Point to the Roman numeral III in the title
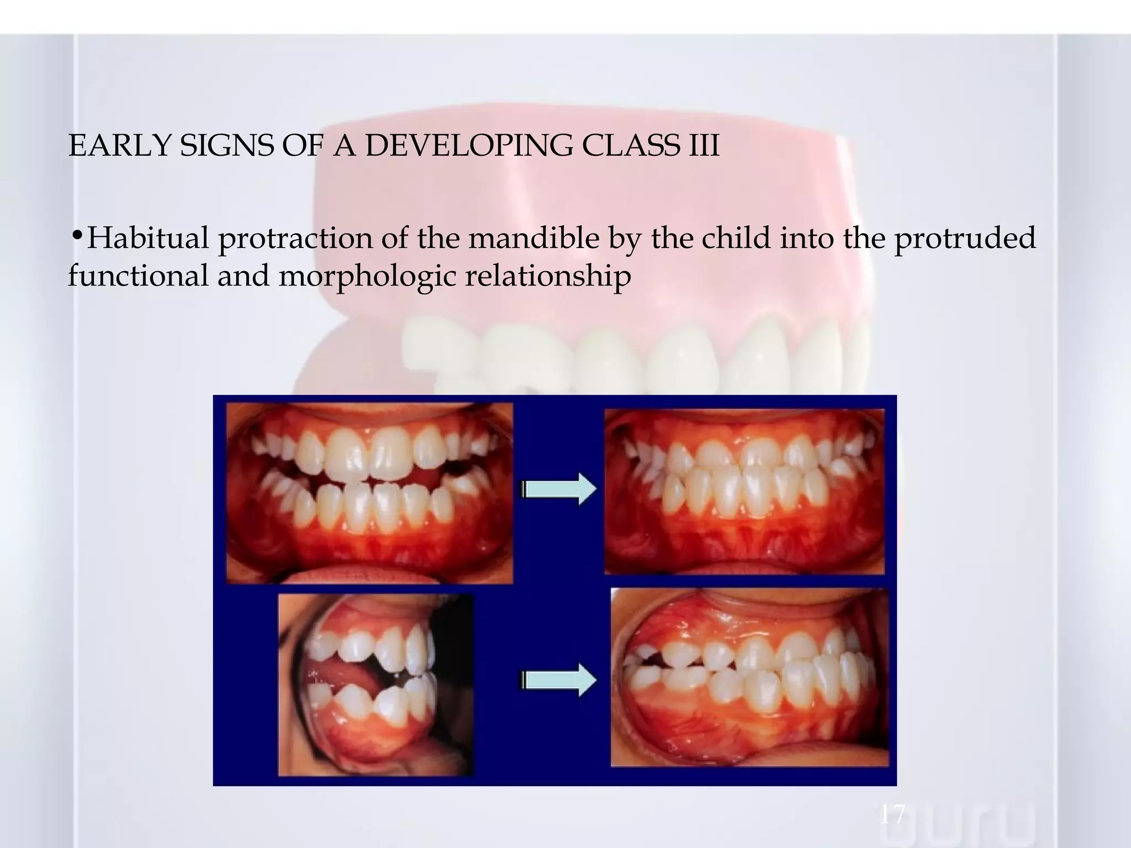(704, 146)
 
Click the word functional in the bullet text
(138, 275)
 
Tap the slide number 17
(891, 814)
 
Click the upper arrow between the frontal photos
(558, 489)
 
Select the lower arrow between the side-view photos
(558, 680)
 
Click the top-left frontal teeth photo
(369, 492)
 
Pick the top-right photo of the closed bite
(745, 491)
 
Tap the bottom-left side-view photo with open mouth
(376, 685)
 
